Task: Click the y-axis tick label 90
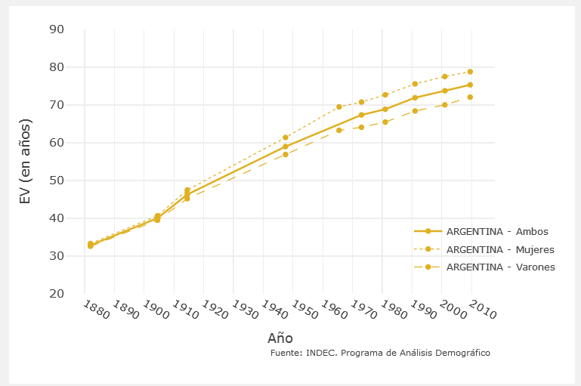coord(57,29)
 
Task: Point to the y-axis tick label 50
coord(57,181)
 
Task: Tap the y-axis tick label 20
coord(57,294)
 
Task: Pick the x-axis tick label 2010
coord(483,310)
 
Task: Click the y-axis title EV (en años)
coord(26,162)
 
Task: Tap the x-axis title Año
coord(280,338)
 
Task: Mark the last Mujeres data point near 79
coord(470,72)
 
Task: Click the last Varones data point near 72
coord(470,97)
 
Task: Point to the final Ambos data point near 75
coord(470,85)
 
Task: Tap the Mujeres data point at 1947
coord(286,137)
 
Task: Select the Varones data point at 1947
coord(286,154)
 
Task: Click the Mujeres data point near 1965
coord(339,107)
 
